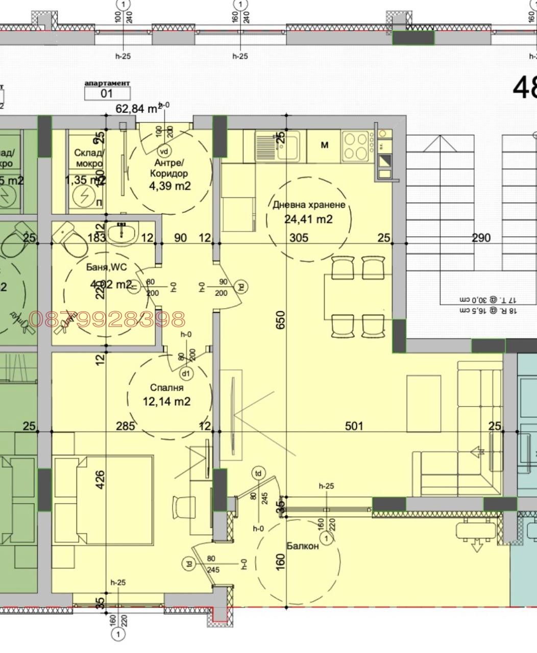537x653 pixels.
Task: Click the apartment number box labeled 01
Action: click(107, 93)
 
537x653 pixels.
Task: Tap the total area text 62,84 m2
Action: click(136, 108)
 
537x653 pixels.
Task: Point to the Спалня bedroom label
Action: click(166, 388)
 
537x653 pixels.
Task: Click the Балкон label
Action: click(302, 545)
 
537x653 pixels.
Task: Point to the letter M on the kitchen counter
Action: click(324, 145)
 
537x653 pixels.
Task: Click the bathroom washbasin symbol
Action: click(122, 234)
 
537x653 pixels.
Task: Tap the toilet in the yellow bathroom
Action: click(66, 236)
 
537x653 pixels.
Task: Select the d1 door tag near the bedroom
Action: click(187, 373)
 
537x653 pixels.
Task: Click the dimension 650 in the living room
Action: click(280, 319)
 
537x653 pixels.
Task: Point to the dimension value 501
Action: click(354, 425)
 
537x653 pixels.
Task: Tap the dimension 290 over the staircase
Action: click(481, 237)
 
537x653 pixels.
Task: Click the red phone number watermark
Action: click(107, 319)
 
